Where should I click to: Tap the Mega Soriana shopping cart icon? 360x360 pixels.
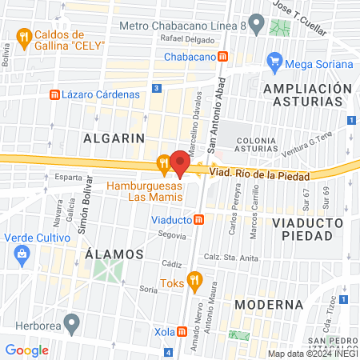pos(274,61)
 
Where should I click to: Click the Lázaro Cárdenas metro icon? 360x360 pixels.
pos(54,94)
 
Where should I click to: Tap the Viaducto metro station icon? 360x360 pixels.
pos(198,220)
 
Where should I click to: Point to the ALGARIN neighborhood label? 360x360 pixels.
pos(114,138)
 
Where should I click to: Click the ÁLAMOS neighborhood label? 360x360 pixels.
pos(114,254)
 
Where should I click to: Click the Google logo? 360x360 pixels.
pos(27,350)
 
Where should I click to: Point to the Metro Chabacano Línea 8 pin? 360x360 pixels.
pos(256,24)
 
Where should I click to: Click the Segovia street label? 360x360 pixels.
pos(172,235)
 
